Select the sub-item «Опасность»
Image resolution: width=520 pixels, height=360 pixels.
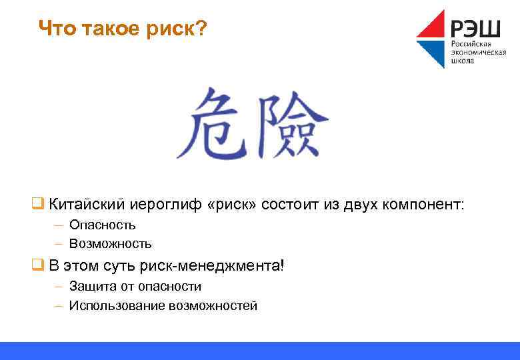coord(102,225)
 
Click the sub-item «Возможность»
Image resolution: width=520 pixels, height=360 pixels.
coord(110,244)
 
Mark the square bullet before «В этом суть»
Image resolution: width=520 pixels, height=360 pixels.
coord(37,265)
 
